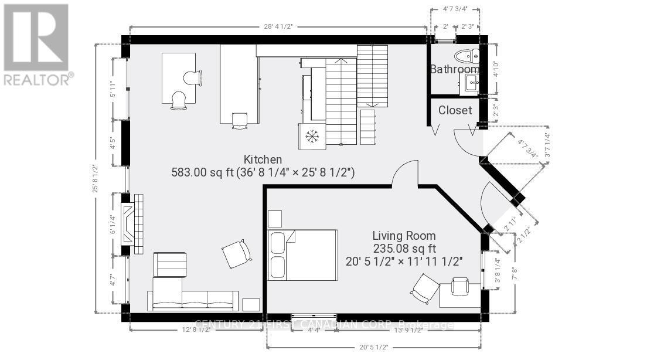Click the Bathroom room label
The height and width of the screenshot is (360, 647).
tap(455, 69)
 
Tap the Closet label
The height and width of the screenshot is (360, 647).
tap(455, 110)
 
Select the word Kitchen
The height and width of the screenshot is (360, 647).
tap(263, 159)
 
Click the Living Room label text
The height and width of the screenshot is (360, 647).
tap(404, 235)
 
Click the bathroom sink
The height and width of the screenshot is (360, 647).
tap(472, 84)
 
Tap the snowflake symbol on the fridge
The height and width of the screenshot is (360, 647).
tap(312, 136)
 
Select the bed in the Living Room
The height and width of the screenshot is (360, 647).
tap(302, 254)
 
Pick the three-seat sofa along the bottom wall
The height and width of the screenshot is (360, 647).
tap(193, 300)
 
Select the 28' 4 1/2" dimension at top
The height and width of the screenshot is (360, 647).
tap(277, 26)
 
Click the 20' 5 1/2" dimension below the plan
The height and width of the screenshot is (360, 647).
tap(375, 347)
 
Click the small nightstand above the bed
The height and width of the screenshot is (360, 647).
tap(274, 218)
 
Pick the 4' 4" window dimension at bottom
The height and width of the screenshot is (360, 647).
tap(314, 330)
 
